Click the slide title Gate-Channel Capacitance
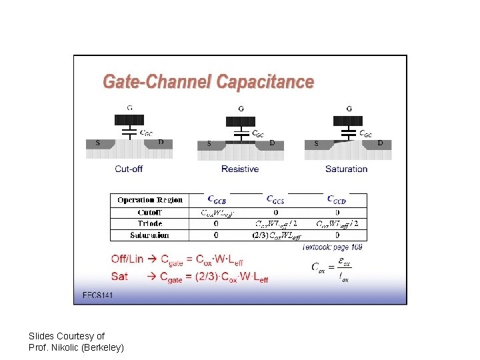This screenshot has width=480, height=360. click(207, 82)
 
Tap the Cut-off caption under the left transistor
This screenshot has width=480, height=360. click(129, 169)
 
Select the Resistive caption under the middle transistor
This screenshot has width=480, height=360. click(240, 169)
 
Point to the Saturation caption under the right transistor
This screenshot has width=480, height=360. click(346, 169)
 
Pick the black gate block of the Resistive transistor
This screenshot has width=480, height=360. click(240, 121)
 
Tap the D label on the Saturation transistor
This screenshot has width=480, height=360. click(380, 143)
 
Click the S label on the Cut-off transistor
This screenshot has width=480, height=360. click(98, 142)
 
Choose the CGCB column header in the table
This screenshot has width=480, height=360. click(217, 199)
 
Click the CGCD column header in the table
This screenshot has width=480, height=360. click(336, 199)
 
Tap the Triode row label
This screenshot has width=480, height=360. click(150, 223)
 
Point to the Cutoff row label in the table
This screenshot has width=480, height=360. click(150, 212)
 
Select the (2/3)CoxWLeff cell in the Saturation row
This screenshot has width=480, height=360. click(276, 235)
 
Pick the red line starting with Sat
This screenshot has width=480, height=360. click(189, 276)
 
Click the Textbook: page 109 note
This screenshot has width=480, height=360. click(332, 247)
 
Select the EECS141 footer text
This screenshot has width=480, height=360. click(97, 295)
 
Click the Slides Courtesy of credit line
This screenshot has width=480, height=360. click(67, 336)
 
